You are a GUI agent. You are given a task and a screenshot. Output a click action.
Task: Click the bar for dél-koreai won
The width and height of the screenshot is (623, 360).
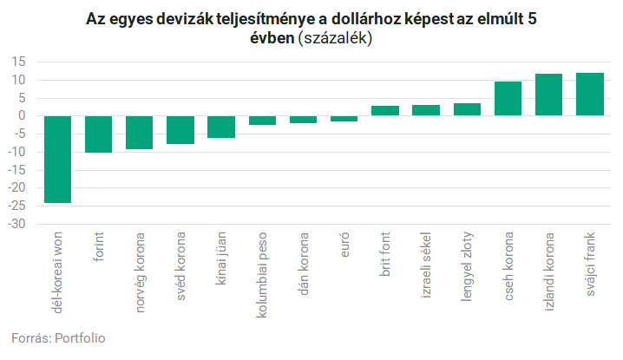coord(58,159)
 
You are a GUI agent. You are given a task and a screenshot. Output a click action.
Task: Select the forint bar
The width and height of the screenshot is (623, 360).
coord(99,134)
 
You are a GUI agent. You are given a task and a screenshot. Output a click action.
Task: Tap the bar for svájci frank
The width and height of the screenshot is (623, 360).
coord(590,94)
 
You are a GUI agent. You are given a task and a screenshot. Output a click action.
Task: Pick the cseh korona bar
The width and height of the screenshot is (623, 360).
coord(508,98)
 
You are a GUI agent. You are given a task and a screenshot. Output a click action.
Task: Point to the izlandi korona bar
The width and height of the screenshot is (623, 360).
coord(549,95)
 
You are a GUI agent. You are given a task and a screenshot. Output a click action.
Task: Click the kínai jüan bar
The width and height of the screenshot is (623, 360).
coord(221,127)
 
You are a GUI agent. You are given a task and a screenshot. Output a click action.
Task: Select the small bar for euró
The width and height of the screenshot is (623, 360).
coord(344,118)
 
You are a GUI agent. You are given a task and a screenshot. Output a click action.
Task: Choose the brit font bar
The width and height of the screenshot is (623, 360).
coord(385,111)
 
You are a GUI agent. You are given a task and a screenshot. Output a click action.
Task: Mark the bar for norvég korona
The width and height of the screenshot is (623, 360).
coord(140,132)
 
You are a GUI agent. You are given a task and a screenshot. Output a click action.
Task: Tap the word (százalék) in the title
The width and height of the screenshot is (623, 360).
coord(334,39)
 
